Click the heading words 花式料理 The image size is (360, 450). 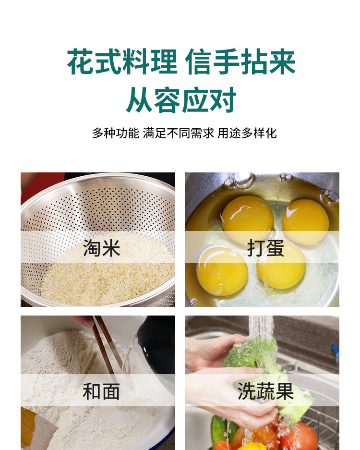[122, 62]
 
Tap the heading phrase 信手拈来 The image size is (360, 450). [240, 62]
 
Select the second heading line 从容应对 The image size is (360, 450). [181, 100]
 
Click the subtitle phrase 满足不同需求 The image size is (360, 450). [178, 133]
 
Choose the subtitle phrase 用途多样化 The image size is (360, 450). [247, 133]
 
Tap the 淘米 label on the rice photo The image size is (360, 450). [102, 248]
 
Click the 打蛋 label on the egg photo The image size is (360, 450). [265, 248]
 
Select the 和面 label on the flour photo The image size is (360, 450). [101, 391]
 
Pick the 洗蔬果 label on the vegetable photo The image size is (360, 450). [265, 391]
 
